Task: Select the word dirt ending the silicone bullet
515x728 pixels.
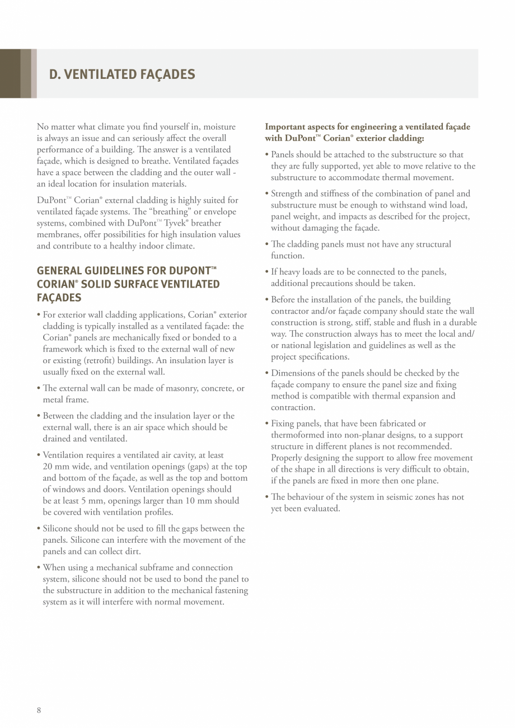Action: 132,551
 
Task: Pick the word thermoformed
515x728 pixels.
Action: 297,435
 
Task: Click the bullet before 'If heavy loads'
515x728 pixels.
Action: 267,272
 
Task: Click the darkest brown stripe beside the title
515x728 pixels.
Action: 10,74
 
